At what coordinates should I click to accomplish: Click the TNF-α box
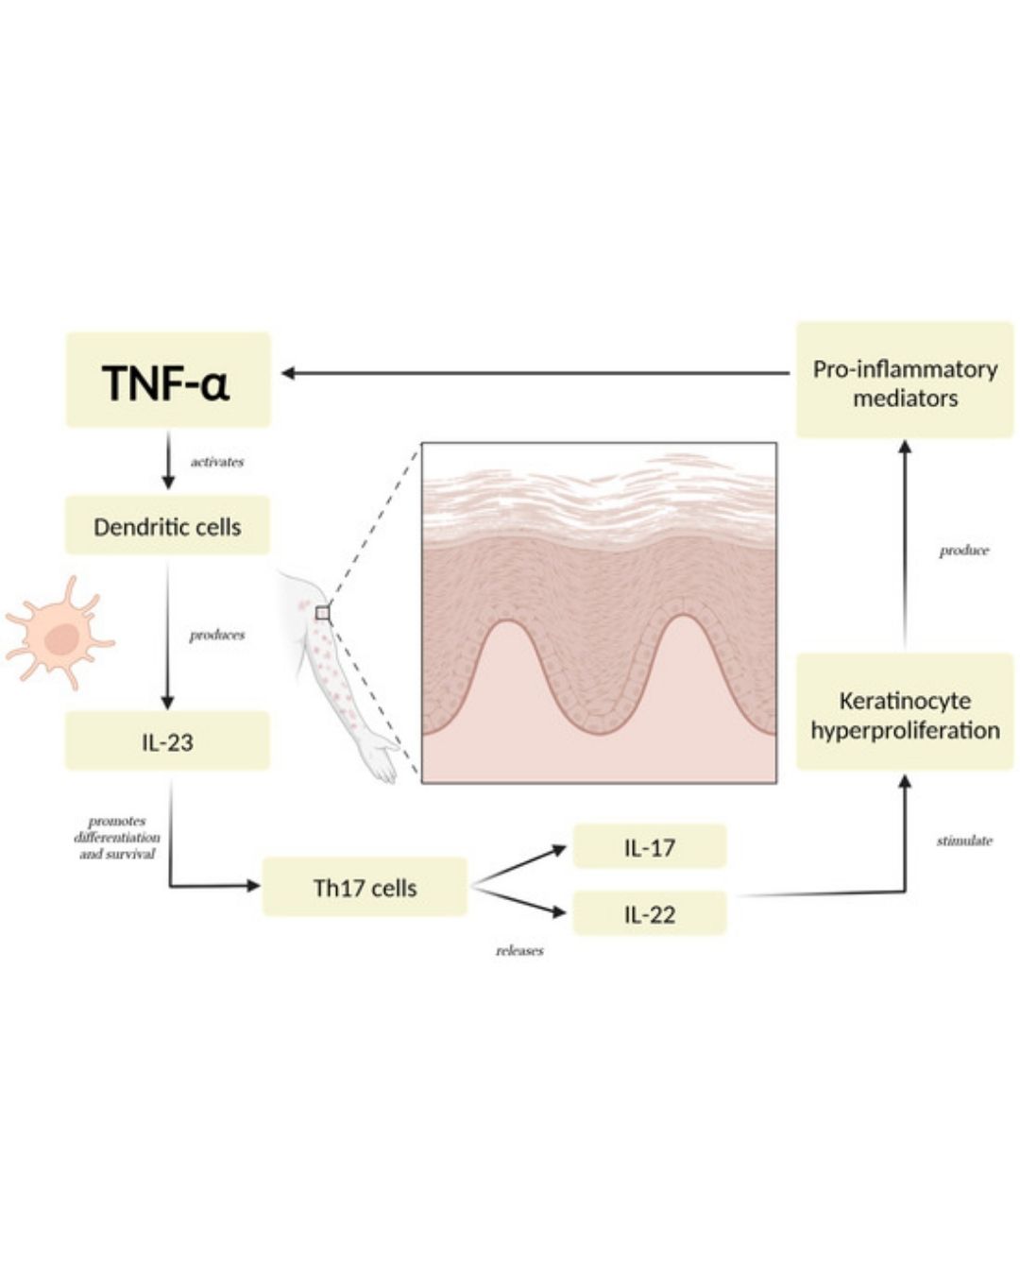(168, 380)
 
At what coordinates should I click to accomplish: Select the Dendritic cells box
(168, 525)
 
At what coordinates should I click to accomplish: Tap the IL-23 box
(168, 741)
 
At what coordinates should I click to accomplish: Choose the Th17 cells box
(365, 887)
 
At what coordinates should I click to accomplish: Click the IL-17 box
(650, 846)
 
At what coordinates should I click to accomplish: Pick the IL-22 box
(650, 913)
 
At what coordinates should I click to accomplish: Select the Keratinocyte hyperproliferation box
(905, 712)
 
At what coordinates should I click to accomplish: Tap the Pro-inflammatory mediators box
(905, 381)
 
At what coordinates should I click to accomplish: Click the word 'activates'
(217, 462)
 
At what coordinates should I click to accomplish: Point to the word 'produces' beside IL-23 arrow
(217, 635)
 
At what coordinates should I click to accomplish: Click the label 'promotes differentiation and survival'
(117, 838)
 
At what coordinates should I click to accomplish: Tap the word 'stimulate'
(964, 841)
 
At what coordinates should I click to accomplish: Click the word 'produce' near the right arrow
(964, 551)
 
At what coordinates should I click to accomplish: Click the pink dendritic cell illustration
(59, 633)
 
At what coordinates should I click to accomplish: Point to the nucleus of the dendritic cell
(61, 639)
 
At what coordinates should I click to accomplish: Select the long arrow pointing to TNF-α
(535, 373)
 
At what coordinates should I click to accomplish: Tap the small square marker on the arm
(322, 613)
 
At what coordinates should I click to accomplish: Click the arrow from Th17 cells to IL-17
(519, 867)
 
